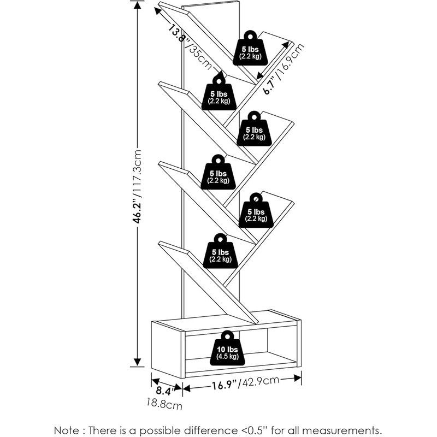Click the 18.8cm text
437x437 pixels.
click(x=164, y=405)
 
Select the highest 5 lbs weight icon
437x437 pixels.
click(x=249, y=49)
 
